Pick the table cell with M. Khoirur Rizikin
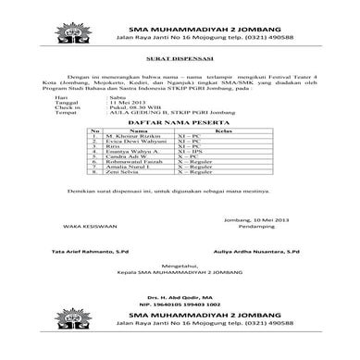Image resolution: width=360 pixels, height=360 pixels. click(125, 137)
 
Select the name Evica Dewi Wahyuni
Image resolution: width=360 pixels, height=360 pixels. click(128, 143)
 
